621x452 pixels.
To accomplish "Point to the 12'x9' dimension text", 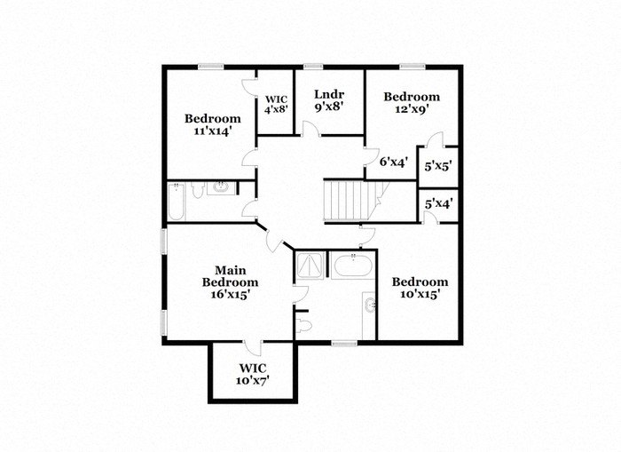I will tap(411, 109).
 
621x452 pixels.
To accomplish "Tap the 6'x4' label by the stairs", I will tap(393, 163).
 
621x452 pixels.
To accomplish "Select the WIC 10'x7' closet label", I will tap(253, 374).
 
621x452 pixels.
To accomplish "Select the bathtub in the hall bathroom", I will tap(176, 202).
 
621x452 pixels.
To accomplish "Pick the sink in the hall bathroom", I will tap(219, 187).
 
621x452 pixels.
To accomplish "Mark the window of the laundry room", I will tap(312, 67).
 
